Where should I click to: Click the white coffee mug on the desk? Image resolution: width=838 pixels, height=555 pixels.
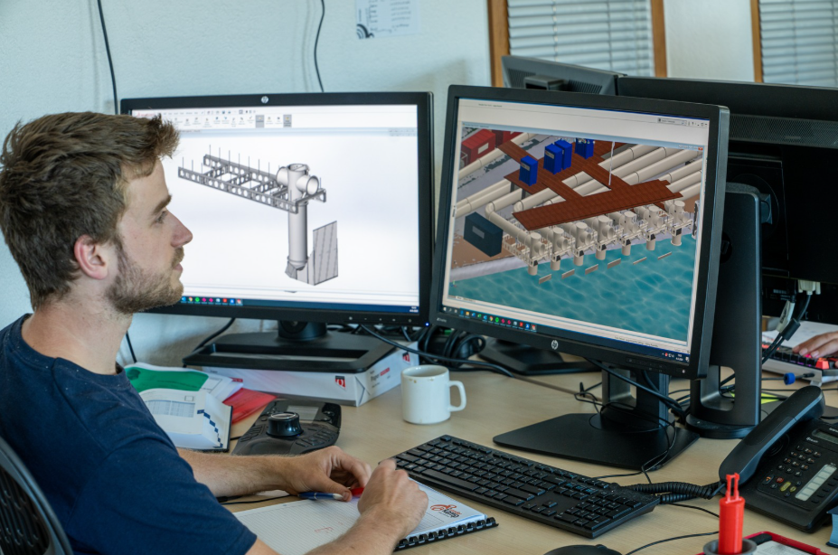tap(427, 394)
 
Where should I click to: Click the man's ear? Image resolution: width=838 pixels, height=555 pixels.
tap(91, 253)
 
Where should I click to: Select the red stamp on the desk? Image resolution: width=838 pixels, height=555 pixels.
tap(730, 515)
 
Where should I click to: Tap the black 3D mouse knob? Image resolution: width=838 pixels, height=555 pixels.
tap(284, 424)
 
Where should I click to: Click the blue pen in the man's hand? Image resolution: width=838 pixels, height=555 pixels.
tap(325, 495)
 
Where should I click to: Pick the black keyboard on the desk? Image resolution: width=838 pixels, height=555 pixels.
tap(524, 483)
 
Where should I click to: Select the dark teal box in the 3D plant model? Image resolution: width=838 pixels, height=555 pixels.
tap(483, 232)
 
